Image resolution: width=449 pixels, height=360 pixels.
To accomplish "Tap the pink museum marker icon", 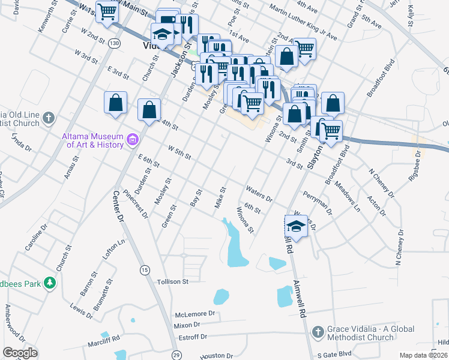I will (x=133, y=141).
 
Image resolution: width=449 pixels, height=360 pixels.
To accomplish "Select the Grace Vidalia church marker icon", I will (x=318, y=331).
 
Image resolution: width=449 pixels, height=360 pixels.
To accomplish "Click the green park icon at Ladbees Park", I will (x=50, y=282).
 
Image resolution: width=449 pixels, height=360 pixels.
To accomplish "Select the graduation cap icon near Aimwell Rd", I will (x=296, y=226).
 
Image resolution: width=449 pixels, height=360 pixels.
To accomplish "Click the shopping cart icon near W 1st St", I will (x=107, y=11).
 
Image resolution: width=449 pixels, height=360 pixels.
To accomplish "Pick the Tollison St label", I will (x=172, y=281).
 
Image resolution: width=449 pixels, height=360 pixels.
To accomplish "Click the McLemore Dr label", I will (x=194, y=314).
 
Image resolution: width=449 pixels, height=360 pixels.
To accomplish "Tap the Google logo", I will (x=20, y=352).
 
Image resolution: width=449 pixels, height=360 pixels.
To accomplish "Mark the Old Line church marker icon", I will (x=50, y=119).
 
